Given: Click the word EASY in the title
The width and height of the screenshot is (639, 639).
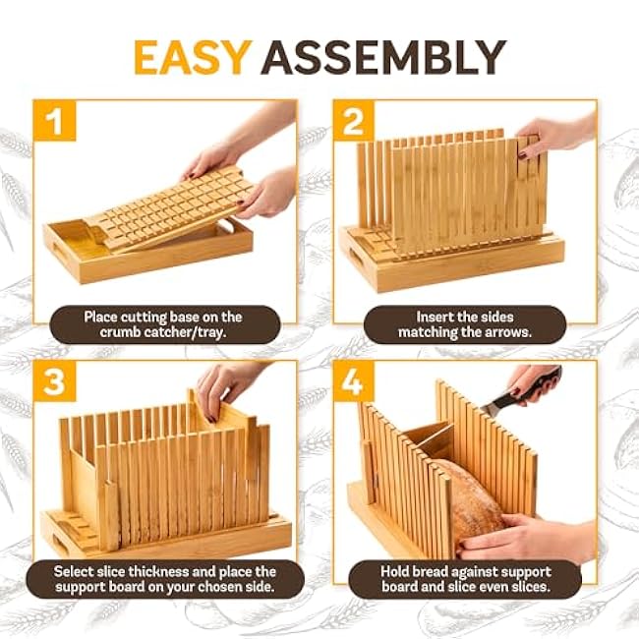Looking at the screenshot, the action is click(x=191, y=57).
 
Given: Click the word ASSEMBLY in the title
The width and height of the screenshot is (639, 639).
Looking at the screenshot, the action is click(x=383, y=57).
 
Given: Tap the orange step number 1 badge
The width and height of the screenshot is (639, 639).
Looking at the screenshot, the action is click(x=55, y=120).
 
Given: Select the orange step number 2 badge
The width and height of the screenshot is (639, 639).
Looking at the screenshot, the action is click(x=354, y=120).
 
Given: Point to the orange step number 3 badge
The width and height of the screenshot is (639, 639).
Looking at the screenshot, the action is click(x=55, y=381).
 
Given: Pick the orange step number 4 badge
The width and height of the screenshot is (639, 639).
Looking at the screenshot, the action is click(x=354, y=381).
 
